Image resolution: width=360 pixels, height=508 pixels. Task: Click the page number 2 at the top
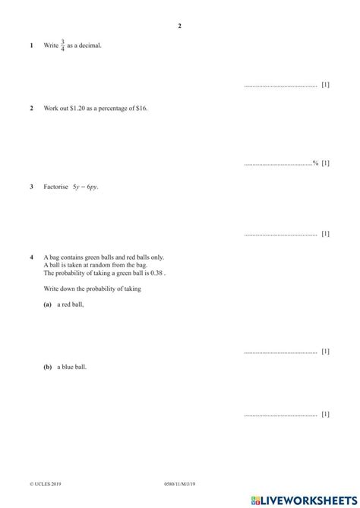pos(180,27)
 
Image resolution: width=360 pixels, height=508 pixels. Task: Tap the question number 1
pos(31,46)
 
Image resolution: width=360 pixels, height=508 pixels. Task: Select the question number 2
pos(31,109)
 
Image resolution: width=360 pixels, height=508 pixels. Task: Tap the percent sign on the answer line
pos(316,162)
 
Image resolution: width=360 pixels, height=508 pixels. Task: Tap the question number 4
pos(31,257)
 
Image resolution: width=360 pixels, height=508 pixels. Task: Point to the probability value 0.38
pos(155,273)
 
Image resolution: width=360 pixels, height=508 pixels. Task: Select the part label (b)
pos(48,367)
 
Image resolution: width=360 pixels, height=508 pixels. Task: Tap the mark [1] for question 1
pos(326,85)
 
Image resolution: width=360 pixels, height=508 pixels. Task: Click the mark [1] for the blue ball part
pos(326,414)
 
